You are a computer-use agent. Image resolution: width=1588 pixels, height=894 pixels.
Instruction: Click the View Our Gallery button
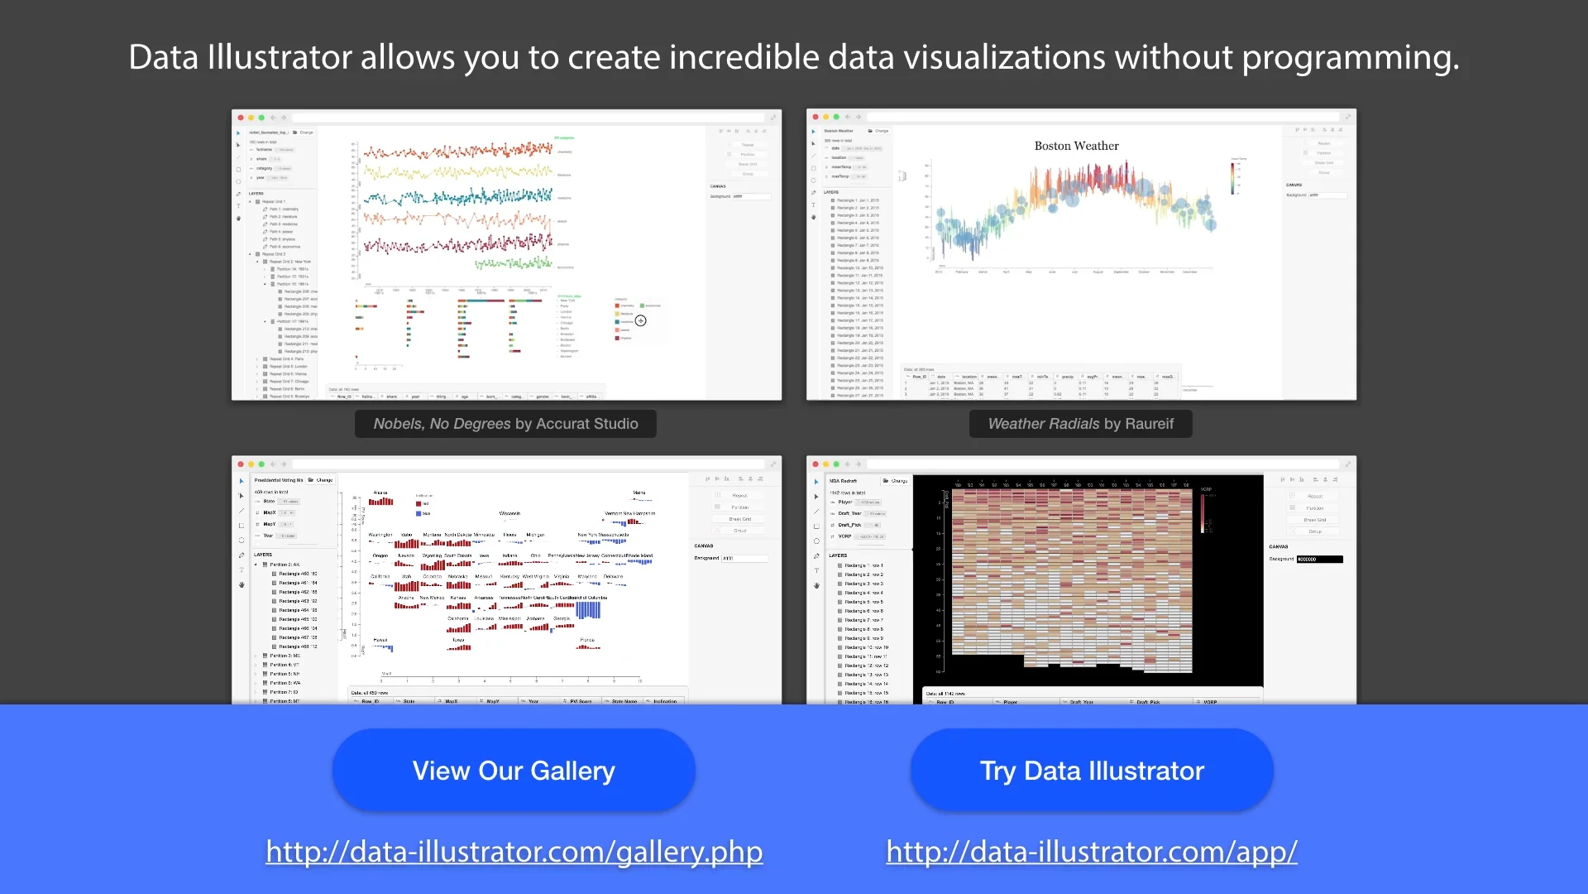coord(514,771)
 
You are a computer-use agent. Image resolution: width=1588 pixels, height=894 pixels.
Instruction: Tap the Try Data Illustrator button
coord(1092,771)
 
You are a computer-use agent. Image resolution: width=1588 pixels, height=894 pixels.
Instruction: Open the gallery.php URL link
coord(514,852)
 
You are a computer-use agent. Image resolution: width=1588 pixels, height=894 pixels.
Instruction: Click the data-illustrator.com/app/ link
coord(1092,852)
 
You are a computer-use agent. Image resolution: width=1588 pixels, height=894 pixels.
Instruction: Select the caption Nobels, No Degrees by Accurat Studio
coord(505,424)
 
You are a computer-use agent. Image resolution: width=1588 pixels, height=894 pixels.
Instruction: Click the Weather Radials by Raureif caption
coord(1080,424)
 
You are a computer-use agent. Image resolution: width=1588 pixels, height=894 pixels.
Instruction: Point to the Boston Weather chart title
coord(1076,146)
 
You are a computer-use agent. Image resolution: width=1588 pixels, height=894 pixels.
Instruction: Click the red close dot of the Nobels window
coord(241,118)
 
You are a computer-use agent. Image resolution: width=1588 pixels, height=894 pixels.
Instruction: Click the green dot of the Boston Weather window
coord(836,118)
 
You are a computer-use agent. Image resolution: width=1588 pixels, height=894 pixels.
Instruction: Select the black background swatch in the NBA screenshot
coord(1319,560)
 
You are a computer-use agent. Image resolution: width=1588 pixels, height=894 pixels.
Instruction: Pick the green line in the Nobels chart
coord(513,264)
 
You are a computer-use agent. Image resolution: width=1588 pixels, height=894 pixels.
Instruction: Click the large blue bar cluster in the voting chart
coord(588,610)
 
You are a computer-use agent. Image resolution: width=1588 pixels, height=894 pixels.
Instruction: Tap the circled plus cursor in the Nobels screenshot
coord(641,320)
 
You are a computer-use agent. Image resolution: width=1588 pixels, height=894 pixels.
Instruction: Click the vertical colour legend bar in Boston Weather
coord(1232,178)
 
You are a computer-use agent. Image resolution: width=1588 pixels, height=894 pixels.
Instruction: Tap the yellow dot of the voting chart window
coord(251,464)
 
